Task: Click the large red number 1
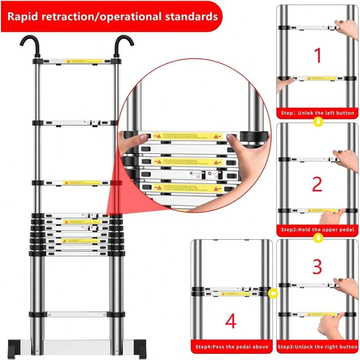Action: pyautogui.click(x=318, y=56)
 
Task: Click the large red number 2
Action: pyautogui.click(x=317, y=184)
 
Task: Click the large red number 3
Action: pyautogui.click(x=317, y=267)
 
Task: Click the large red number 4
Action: pyautogui.click(x=231, y=322)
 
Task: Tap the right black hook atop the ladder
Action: pyautogui.click(x=124, y=44)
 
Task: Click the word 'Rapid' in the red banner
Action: pyautogui.click(x=25, y=17)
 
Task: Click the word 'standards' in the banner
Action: pyautogui.click(x=188, y=17)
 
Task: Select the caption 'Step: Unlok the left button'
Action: pyautogui.click(x=317, y=113)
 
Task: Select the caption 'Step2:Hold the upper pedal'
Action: pyautogui.click(x=317, y=230)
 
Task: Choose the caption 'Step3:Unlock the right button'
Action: pyautogui.click(x=317, y=347)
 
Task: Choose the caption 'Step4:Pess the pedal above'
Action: pyautogui.click(x=232, y=347)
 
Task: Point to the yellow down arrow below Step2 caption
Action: pyautogui.click(x=318, y=238)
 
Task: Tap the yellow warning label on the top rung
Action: pyautogui.click(x=84, y=61)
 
